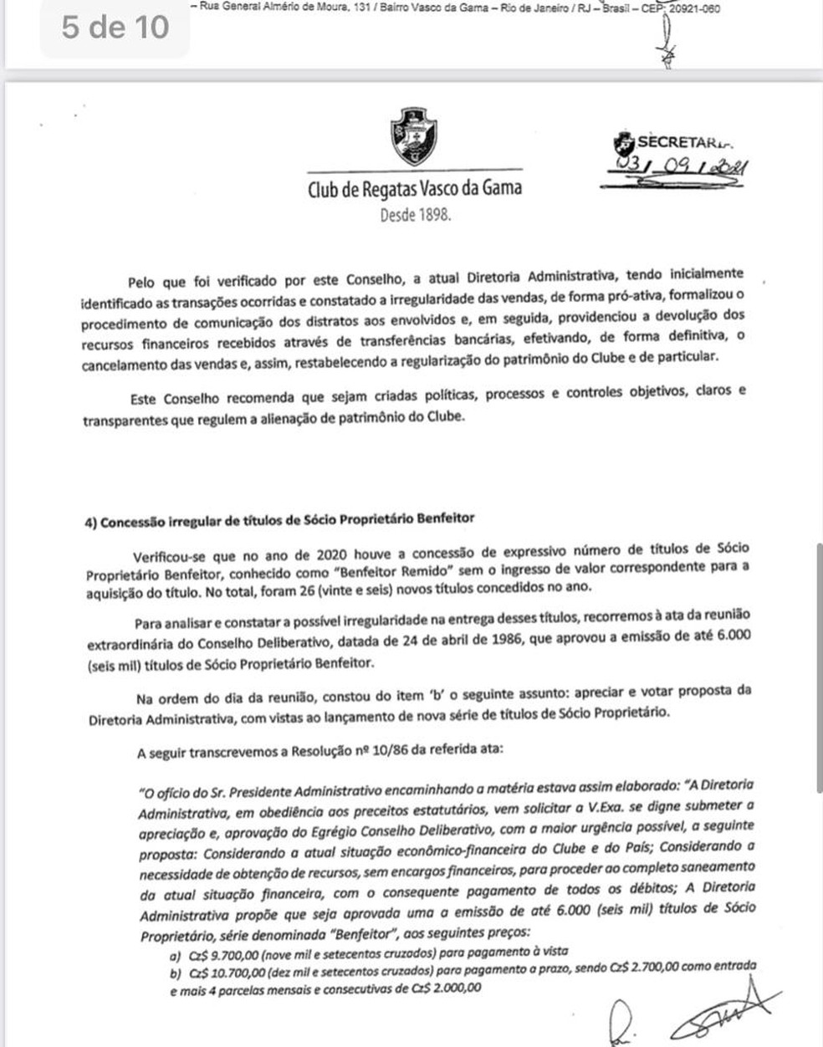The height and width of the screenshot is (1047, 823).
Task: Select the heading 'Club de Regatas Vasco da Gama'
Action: (415, 188)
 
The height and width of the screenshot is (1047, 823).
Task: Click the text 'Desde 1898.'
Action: (415, 215)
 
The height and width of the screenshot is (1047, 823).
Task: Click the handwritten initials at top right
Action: (667, 46)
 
